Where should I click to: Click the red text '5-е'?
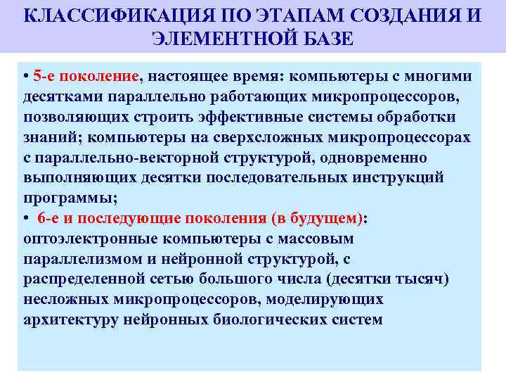point(43,75)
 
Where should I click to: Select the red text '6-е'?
point(51,218)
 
